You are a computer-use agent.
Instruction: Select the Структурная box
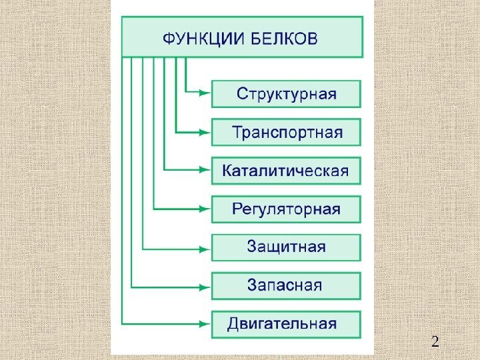[x=286, y=94]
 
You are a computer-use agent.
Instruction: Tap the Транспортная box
[x=286, y=132]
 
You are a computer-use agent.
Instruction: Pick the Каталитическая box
[x=286, y=171]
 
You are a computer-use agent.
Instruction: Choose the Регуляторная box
[x=286, y=209]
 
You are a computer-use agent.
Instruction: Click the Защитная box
[x=286, y=247]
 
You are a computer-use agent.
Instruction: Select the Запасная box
[x=286, y=286]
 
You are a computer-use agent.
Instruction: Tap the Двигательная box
[x=286, y=325]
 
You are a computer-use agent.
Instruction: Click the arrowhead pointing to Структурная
[x=206, y=94]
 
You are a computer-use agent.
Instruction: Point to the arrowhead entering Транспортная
[x=206, y=132]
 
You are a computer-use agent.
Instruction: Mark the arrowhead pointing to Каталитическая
[x=206, y=171]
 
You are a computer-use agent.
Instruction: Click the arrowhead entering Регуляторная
[x=206, y=209]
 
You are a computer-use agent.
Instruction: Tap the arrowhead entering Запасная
[x=206, y=287]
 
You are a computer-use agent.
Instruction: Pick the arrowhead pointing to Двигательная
[x=206, y=325]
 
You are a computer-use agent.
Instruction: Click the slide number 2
[x=435, y=343]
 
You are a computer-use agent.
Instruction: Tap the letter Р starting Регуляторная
[x=237, y=209]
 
